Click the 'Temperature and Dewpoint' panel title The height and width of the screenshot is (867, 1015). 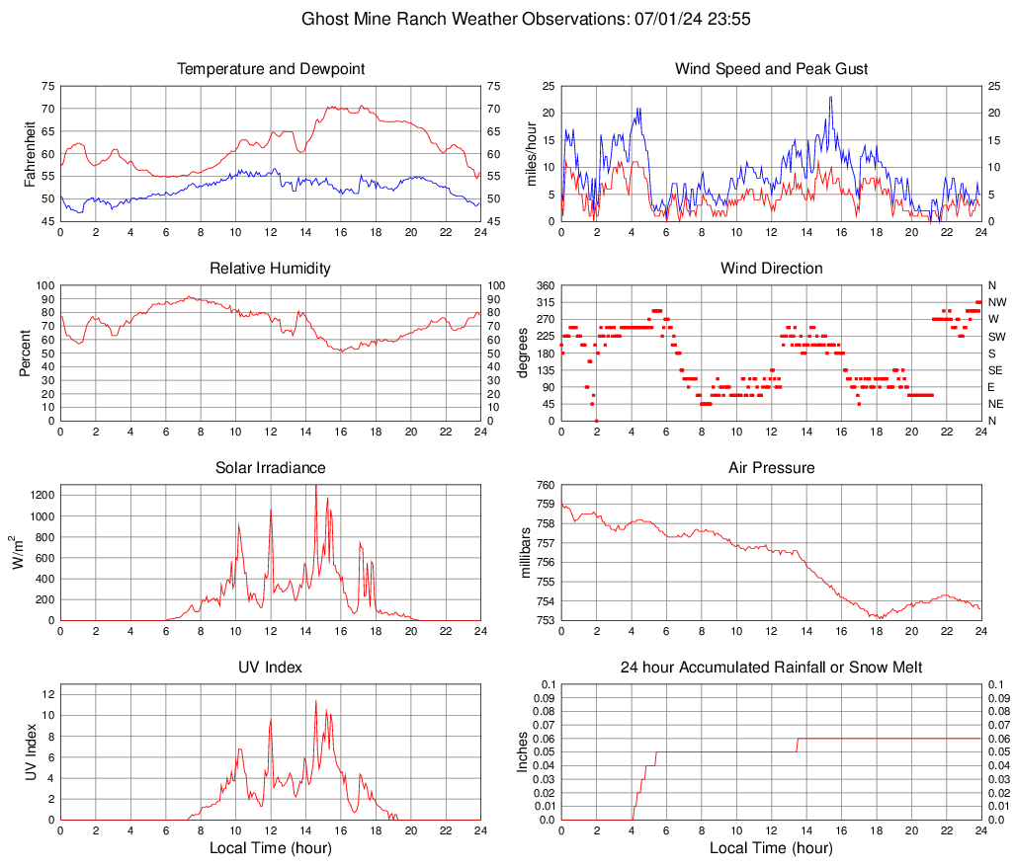pos(271,69)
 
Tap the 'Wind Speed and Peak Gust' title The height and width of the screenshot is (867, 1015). pos(771,69)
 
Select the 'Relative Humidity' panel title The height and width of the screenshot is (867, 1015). pos(271,269)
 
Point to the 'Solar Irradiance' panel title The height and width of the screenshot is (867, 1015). pos(271,468)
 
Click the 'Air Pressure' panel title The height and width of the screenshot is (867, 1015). pos(771,468)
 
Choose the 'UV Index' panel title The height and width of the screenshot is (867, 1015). pos(271,668)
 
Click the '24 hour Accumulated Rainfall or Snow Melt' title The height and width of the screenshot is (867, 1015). pos(771,668)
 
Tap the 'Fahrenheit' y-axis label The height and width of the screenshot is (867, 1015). pos(29,153)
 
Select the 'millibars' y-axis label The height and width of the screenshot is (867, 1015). pos(527,553)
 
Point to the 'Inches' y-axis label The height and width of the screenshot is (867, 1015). pos(524,752)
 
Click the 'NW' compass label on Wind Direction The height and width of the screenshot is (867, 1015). pos(996,302)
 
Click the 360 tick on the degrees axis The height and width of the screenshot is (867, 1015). pos(543,285)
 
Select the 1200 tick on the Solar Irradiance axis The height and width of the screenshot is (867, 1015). pos(41,492)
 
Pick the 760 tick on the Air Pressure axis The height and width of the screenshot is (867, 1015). pos(543,485)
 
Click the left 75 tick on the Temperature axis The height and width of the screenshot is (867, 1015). pos(48,86)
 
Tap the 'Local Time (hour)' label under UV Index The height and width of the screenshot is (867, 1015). pos(271,848)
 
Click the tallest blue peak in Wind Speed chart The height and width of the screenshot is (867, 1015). pos(831,97)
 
